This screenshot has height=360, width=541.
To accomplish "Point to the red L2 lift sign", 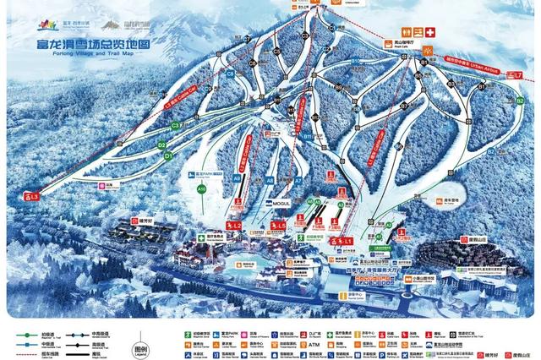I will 233,226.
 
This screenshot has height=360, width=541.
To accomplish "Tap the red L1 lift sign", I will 343,242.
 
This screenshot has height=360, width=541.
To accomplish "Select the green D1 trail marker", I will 168,156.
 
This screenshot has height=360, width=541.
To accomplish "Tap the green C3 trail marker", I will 176,126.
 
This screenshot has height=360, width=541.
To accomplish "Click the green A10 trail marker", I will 202,190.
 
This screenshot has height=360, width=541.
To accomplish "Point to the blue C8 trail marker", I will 229,75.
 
